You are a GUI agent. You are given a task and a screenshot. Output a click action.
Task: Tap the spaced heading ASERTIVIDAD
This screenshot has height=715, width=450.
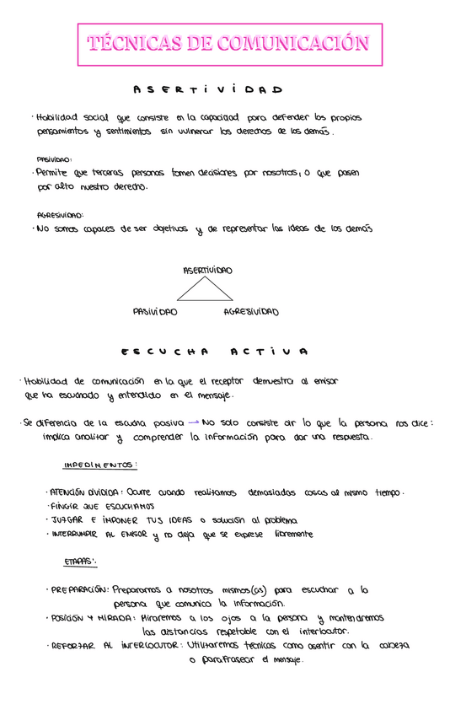[x=207, y=89]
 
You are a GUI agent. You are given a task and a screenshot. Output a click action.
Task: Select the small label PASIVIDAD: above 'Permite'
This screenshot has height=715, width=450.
[x=54, y=159]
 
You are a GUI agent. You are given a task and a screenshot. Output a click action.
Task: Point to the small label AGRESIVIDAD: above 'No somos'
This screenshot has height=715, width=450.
[x=60, y=215]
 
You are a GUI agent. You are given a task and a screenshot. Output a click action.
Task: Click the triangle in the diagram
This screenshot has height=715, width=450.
[x=205, y=291]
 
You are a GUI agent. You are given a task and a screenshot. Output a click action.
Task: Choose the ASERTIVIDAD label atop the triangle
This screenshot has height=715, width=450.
[x=207, y=271]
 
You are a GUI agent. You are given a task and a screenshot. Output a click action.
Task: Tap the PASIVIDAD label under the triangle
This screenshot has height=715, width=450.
[x=155, y=312]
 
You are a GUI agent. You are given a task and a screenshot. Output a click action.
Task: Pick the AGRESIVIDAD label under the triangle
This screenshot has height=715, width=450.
[x=251, y=312]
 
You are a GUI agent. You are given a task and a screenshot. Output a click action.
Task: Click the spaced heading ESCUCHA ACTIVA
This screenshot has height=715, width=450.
[x=214, y=351]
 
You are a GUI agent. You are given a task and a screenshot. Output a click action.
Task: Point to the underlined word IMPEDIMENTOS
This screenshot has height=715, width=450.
[x=100, y=465]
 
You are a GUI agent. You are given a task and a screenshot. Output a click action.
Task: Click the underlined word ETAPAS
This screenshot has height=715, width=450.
[x=80, y=561]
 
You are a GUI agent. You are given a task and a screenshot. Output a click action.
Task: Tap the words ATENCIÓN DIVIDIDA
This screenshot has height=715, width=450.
[x=85, y=492]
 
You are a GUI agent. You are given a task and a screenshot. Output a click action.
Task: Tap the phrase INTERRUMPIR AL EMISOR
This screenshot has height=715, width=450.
[x=95, y=534]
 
